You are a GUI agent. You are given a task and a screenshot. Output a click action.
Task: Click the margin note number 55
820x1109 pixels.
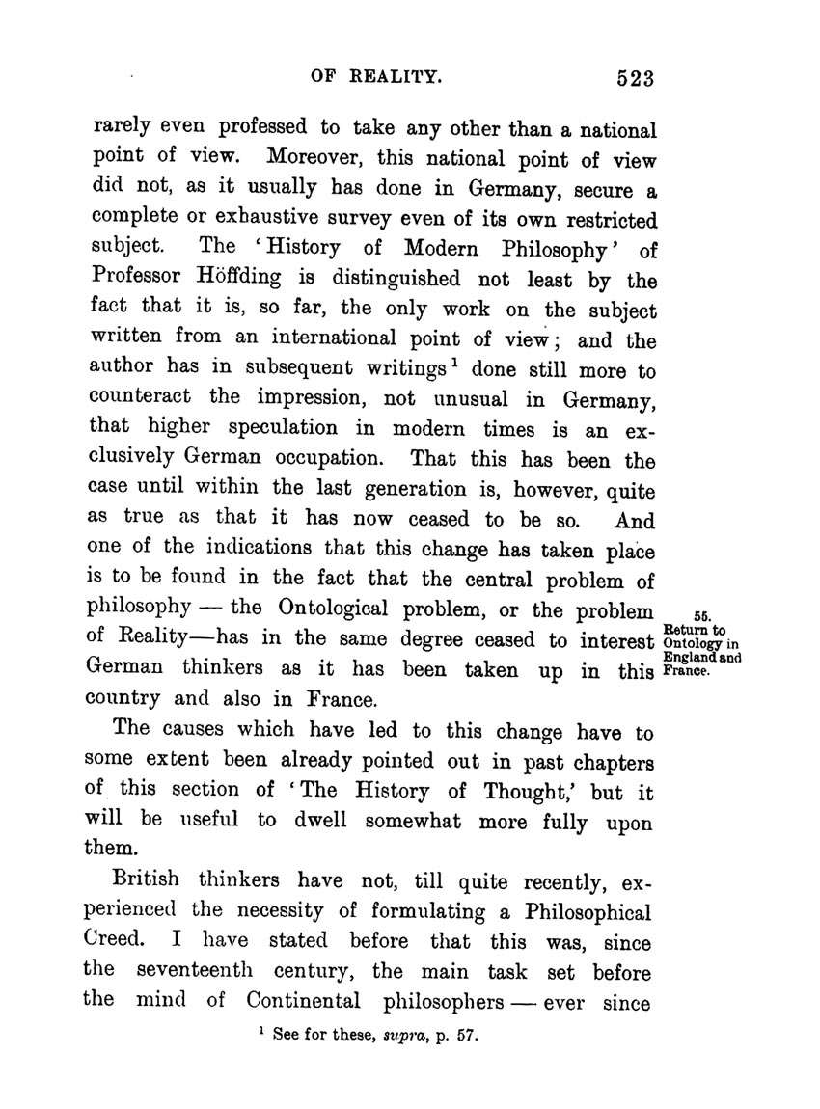[701, 617]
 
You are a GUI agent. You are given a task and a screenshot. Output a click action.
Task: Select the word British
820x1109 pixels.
[149, 879]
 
